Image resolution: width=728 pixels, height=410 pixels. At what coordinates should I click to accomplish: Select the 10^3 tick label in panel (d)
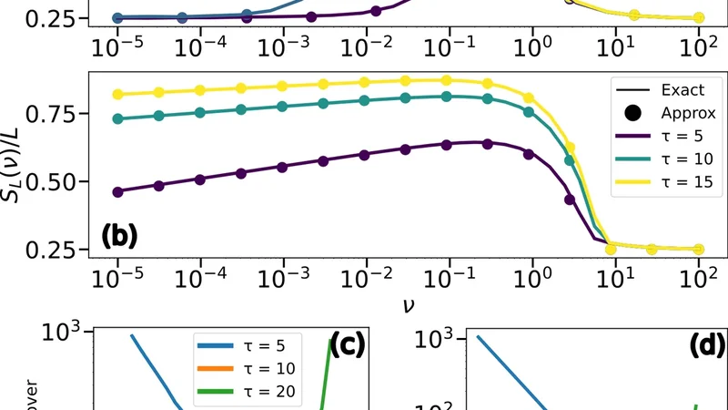click(435, 341)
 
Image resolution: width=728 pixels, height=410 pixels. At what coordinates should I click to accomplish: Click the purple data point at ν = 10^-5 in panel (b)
click(118, 191)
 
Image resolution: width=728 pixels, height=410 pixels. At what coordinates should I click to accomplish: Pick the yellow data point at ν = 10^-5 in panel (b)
click(118, 95)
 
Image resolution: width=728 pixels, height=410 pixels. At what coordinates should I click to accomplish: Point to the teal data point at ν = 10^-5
click(118, 118)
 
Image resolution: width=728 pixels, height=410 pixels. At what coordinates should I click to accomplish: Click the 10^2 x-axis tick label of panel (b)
click(699, 274)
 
